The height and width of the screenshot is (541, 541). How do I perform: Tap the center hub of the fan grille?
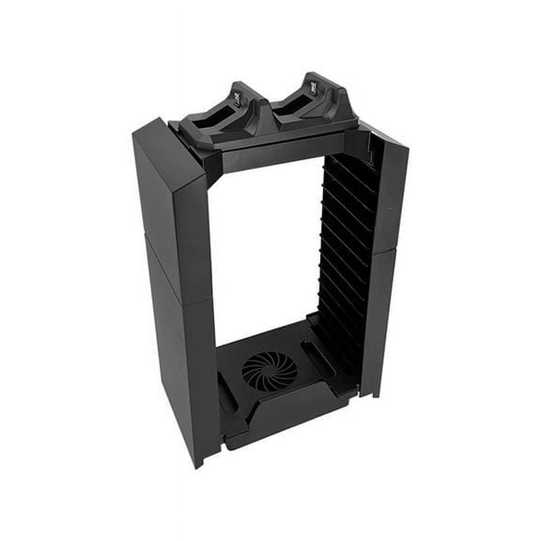269,370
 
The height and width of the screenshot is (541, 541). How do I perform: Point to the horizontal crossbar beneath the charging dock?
272,150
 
